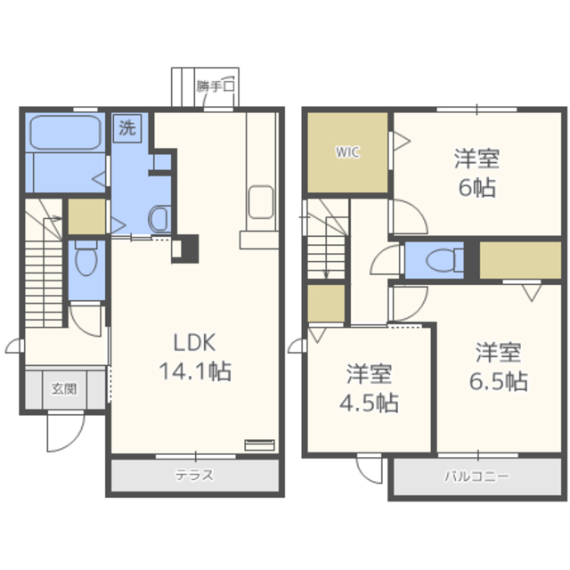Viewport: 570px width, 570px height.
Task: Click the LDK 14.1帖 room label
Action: coord(195,357)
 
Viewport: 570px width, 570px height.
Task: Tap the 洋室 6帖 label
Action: coord(477,173)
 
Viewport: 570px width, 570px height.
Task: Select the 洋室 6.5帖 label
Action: coord(499,366)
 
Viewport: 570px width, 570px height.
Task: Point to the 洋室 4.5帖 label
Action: coord(369,388)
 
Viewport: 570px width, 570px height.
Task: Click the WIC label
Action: coord(347,152)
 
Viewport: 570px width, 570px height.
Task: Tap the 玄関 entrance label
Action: coord(64,388)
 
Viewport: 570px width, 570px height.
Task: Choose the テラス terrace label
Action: coord(194,475)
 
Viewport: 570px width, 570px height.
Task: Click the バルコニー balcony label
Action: coord(477,476)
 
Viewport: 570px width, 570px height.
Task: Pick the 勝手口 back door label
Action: coord(216,86)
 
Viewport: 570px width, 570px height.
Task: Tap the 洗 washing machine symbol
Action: coord(127,128)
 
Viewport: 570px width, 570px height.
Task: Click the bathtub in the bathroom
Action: coord(65,133)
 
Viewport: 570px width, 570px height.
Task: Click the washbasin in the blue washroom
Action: coord(159,219)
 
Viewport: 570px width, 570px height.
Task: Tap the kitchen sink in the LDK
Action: coord(261,202)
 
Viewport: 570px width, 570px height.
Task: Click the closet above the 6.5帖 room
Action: coord(520,260)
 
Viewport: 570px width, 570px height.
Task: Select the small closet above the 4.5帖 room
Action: coord(326,303)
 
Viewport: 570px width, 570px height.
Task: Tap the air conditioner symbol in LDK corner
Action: coord(259,445)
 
